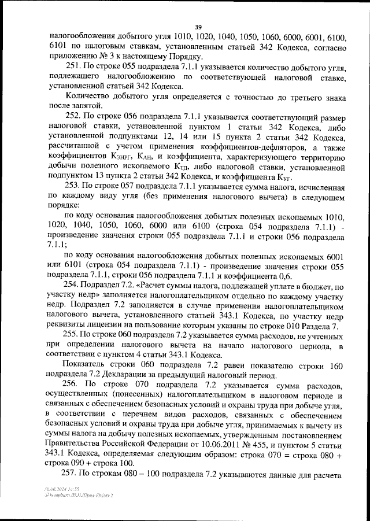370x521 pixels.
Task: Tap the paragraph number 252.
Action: [x=73, y=116]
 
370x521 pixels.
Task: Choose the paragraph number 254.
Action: [x=73, y=286]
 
